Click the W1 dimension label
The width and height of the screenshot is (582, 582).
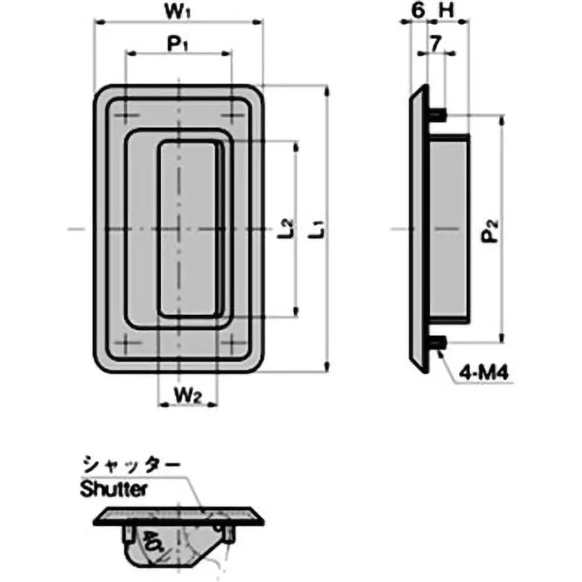click(x=178, y=12)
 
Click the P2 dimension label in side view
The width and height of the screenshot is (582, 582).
click(x=493, y=231)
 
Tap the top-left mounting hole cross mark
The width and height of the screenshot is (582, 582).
click(x=127, y=114)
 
